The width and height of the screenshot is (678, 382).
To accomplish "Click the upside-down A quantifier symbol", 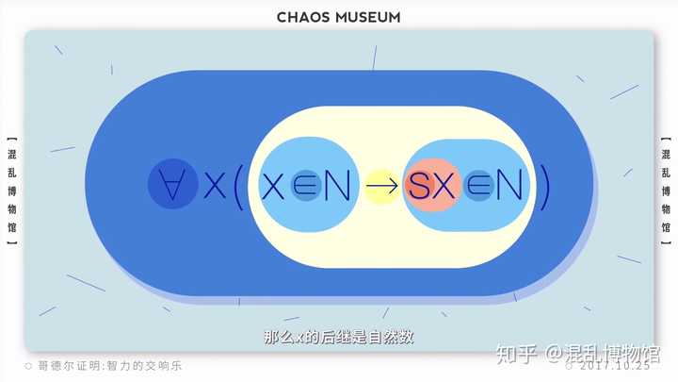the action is (172, 185).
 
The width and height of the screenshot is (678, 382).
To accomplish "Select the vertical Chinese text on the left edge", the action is (10, 189).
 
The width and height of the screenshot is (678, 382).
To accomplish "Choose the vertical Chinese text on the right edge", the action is (666, 189).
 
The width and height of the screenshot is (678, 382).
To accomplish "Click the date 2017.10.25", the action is (617, 366).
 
